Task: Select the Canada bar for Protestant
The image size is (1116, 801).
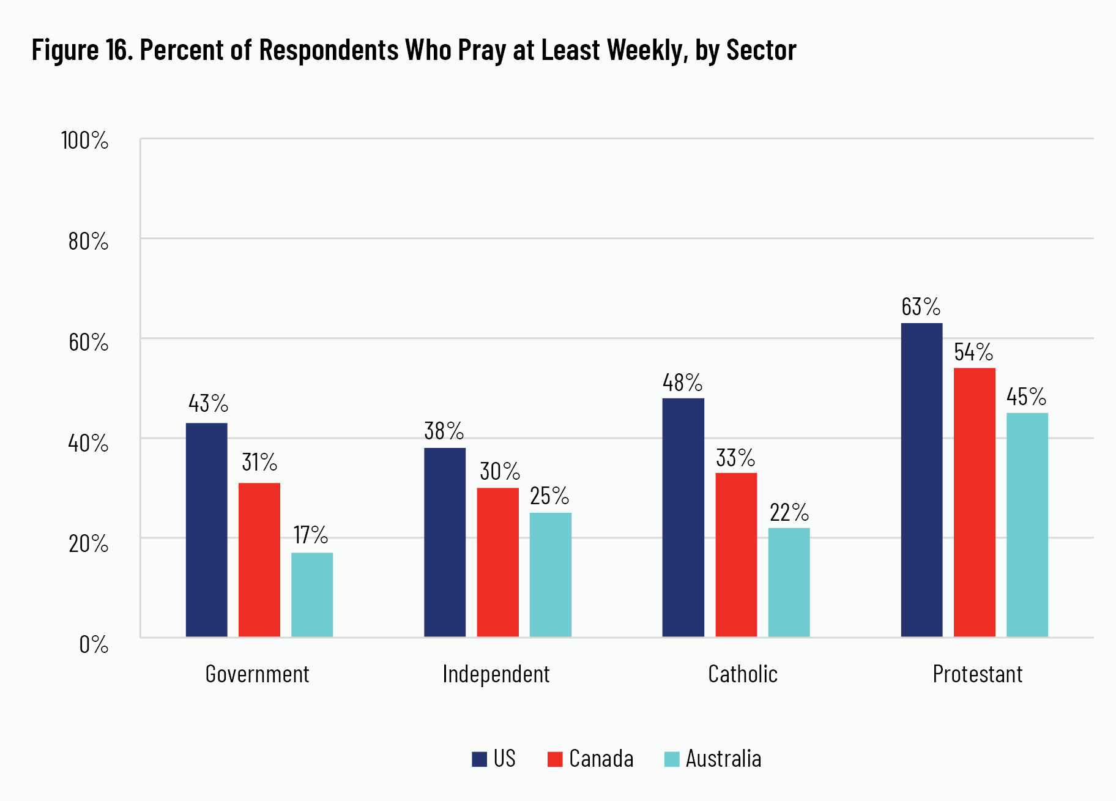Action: (974, 502)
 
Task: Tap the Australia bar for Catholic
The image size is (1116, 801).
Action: (789, 582)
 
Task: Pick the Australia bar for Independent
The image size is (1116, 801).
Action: (550, 575)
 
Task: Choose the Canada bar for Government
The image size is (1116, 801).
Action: (259, 560)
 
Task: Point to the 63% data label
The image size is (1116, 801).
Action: (921, 307)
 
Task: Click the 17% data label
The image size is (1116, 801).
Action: (311, 535)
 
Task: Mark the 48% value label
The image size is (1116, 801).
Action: (682, 382)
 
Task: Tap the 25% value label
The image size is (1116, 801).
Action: (549, 496)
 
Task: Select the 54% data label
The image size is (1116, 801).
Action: (973, 352)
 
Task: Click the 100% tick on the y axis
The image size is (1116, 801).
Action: (85, 141)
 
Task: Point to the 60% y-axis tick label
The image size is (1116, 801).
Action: (88, 342)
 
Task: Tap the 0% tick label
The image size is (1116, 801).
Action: (94, 644)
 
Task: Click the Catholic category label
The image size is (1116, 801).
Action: (743, 674)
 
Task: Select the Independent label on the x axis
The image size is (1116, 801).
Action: (496, 674)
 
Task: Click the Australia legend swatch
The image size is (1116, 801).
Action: (672, 759)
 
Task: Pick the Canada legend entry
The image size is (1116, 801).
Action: (590, 759)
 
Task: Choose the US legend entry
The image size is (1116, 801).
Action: (494, 759)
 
